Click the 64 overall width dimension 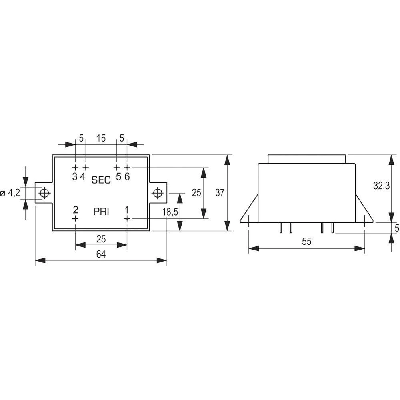[x=101, y=255]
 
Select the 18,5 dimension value [x=170, y=212]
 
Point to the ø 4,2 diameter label [x=10, y=193]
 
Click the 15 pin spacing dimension [x=101, y=138]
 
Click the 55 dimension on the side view [x=306, y=242]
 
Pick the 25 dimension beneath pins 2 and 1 [x=101, y=239]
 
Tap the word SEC [x=101, y=180]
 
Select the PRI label [x=101, y=212]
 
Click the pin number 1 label [x=127, y=210]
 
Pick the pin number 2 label [x=75, y=210]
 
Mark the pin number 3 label [x=75, y=176]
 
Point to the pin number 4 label [x=83, y=176]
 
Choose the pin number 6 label [x=127, y=176]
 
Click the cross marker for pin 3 [x=75, y=167]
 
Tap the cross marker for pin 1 [x=127, y=218]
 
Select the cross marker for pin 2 [x=75, y=218]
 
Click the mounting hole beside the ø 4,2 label [x=44, y=193]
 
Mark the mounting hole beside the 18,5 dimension [x=158, y=193]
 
